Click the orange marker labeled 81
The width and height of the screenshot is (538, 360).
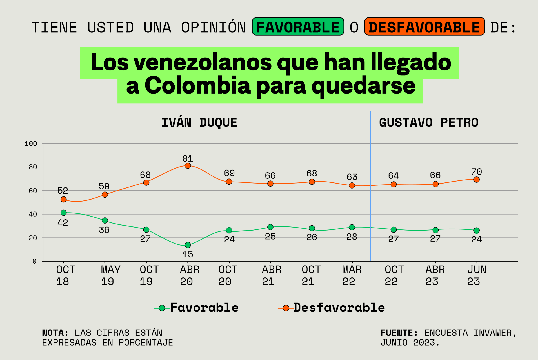[188, 166]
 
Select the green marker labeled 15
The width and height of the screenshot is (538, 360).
[188, 245]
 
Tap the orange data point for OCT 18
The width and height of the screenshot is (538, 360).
[64, 199]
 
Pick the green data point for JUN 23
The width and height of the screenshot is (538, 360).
[477, 230]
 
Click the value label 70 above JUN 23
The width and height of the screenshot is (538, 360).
[477, 171]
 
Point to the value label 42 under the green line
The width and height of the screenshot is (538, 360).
[63, 223]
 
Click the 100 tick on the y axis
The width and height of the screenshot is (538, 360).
[31, 144]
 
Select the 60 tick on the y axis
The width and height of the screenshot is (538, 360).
[33, 191]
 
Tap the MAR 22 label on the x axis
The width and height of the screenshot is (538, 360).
[352, 275]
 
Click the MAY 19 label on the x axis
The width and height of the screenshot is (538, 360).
[110, 275]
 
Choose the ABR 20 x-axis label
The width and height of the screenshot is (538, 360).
[189, 275]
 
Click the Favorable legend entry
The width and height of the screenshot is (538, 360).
[204, 308]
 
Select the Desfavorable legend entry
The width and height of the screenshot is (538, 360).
[339, 308]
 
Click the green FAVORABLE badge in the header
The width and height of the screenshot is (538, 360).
[298, 27]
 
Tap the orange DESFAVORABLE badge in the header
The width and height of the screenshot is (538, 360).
[424, 27]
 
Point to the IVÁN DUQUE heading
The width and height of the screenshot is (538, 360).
[199, 123]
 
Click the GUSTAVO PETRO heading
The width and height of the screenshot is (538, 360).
[428, 123]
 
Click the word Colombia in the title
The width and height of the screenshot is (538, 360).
[197, 86]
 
